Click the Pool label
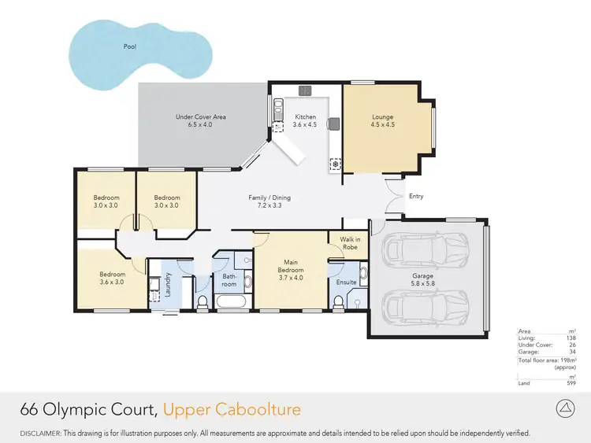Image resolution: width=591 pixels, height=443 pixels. coord(129,47)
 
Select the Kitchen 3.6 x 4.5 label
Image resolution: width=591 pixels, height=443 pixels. coord(305,121)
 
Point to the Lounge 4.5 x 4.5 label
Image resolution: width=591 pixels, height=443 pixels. coord(383,121)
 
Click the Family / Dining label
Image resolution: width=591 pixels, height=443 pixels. coord(265,201)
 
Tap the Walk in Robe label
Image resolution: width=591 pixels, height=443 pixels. coord(349,242)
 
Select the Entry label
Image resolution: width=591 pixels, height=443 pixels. coord(416,197)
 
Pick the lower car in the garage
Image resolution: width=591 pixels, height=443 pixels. coord(423,308)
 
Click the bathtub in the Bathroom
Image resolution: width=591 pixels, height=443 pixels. coord(232,303)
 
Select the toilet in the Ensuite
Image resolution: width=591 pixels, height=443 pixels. coord(337,301)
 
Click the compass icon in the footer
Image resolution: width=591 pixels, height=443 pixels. coord(565,409)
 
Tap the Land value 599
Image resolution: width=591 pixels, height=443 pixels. coord(571,383)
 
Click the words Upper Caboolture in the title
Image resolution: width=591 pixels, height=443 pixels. coord(232,410)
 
